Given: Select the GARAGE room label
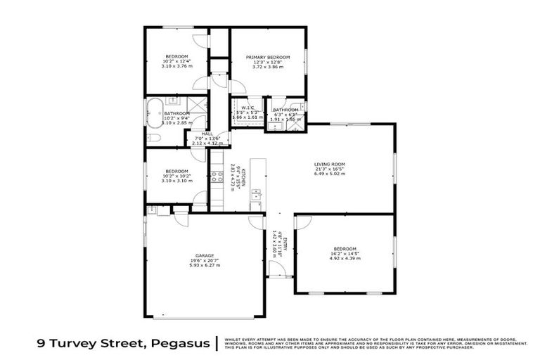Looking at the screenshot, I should tap(205, 255).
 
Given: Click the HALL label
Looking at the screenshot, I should tap(207, 134).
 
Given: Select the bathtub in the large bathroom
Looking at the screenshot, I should tap(153, 112).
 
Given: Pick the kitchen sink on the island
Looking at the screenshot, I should tap(256, 193).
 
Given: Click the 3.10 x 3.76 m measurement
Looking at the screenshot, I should tap(176, 67).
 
